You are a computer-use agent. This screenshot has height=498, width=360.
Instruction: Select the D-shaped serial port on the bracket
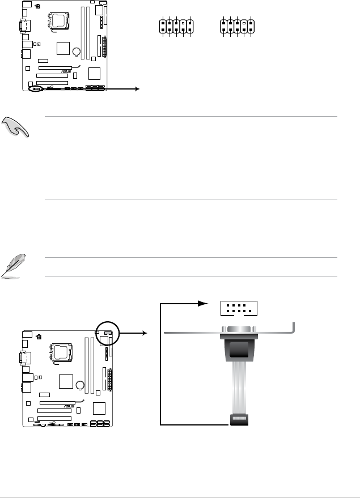pos(238,331)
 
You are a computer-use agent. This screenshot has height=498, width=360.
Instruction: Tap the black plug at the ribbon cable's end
pos(238,420)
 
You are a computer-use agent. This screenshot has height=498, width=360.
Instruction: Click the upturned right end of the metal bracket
pos(294,327)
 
